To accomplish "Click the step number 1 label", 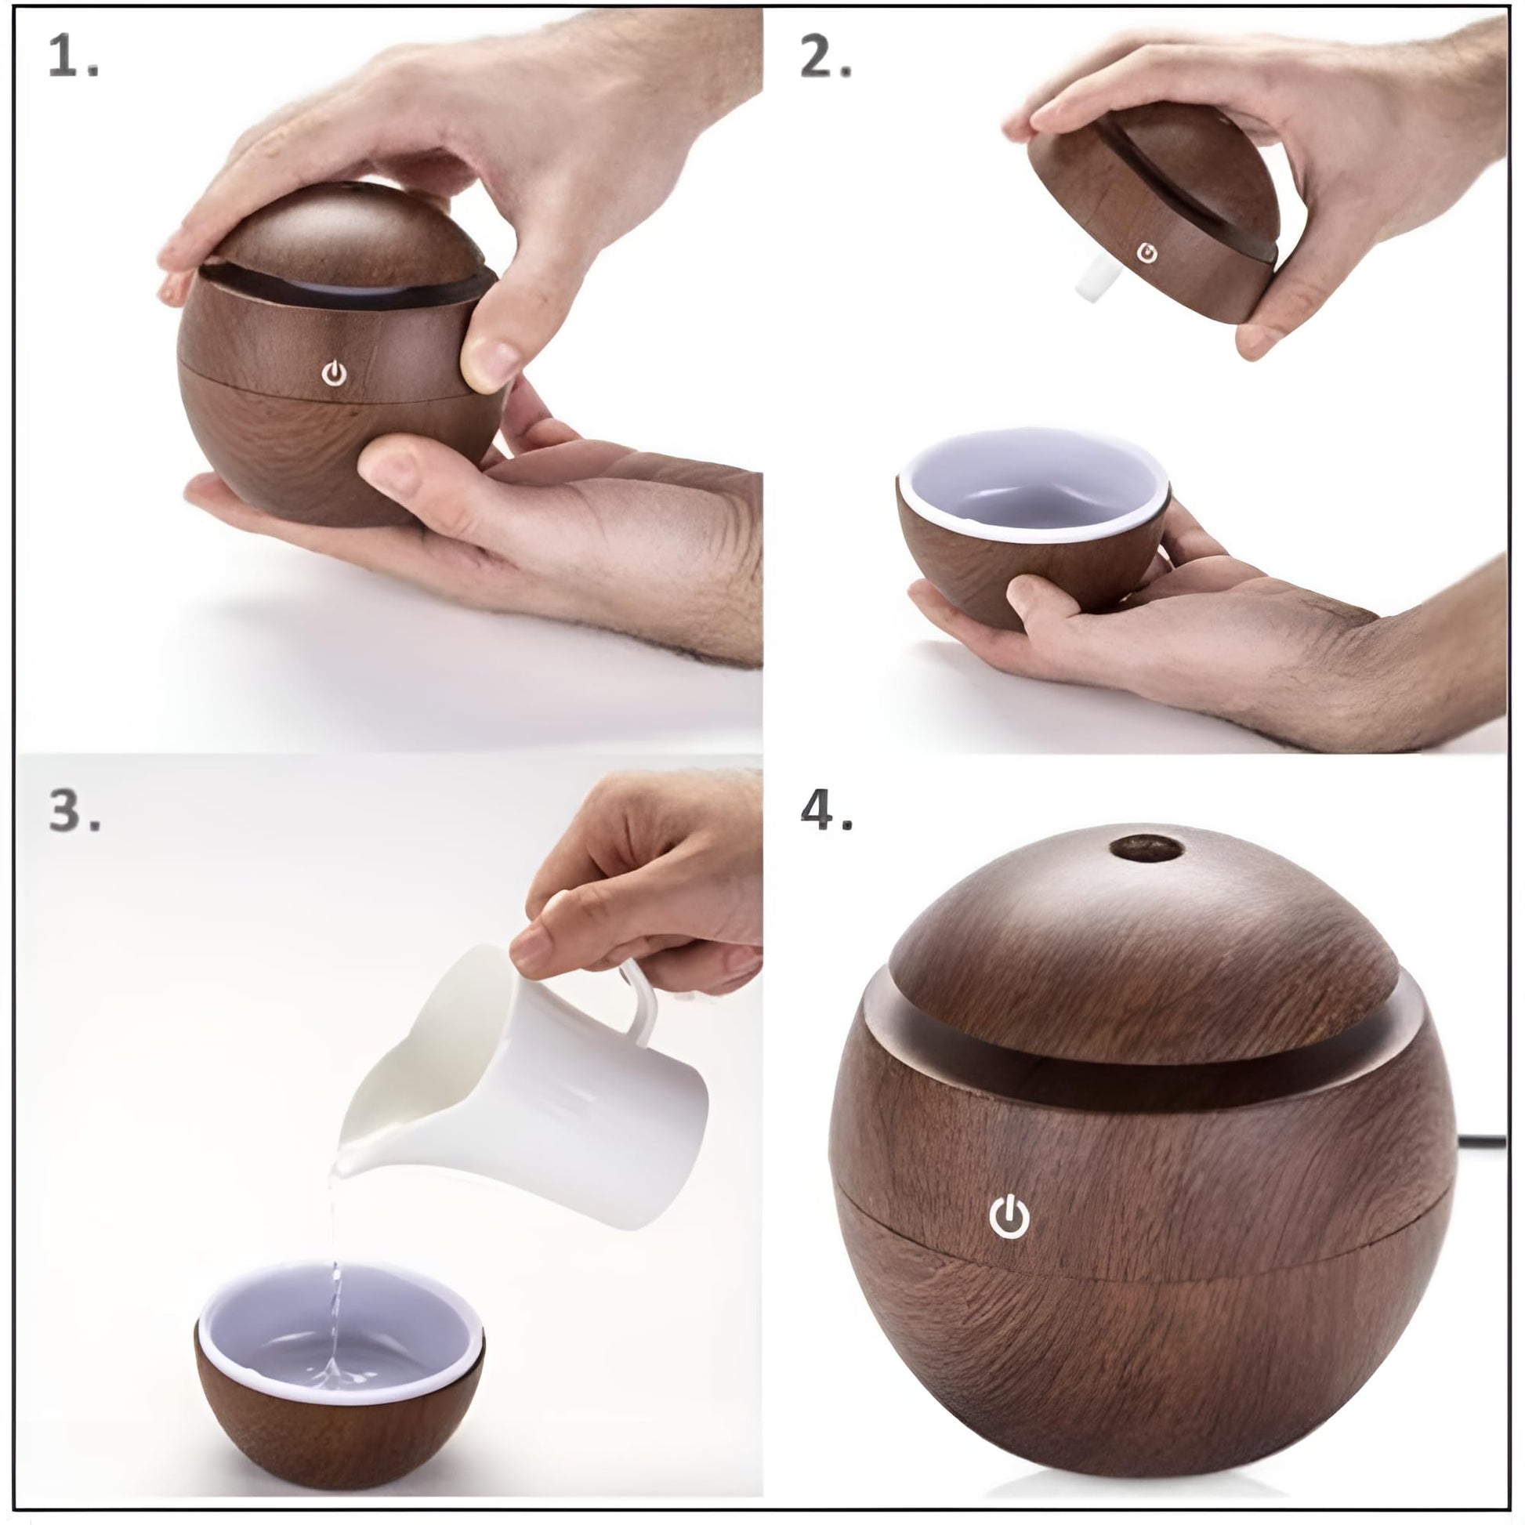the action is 73,57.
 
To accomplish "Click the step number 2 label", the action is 826,57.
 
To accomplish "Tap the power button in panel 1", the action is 335,373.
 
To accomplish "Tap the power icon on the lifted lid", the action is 1147,253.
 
